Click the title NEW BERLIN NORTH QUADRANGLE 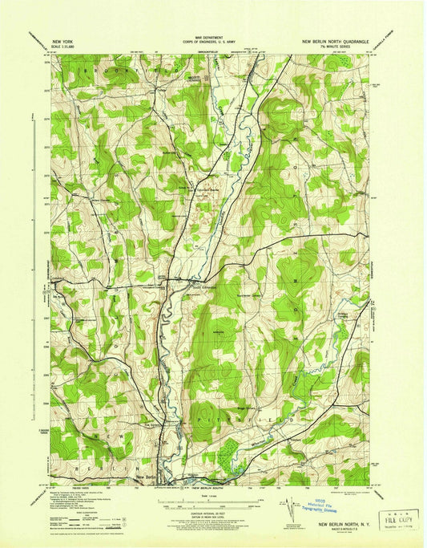pyautogui.click(x=334, y=39)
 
